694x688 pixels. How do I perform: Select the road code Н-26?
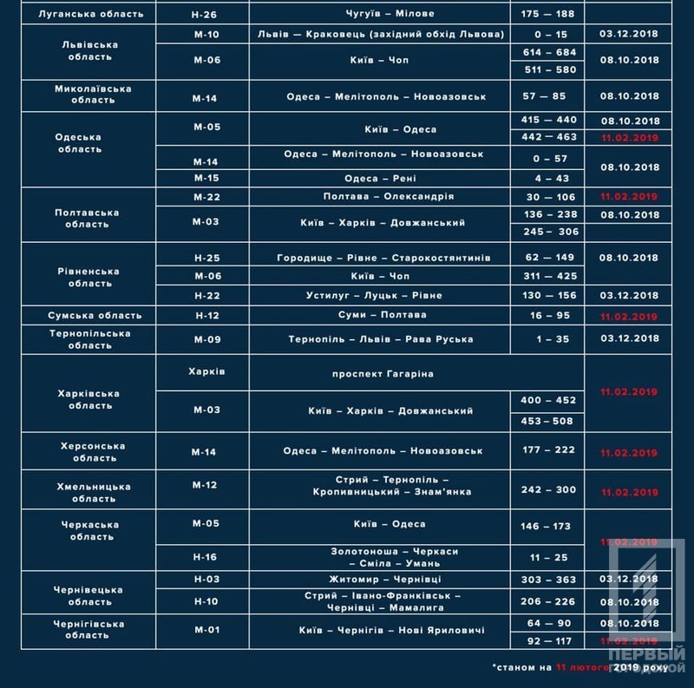pyautogui.click(x=206, y=15)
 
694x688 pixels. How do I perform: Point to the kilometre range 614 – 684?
pyautogui.click(x=549, y=53)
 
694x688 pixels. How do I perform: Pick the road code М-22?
pyautogui.click(x=206, y=197)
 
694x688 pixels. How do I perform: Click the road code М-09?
pyautogui.click(x=206, y=339)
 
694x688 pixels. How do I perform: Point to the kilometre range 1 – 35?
pyautogui.click(x=549, y=339)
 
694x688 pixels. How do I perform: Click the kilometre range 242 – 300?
pyautogui.click(x=549, y=490)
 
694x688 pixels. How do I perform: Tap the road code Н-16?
pyautogui.click(x=206, y=557)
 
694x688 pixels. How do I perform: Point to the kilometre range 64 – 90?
pyautogui.click(x=549, y=622)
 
